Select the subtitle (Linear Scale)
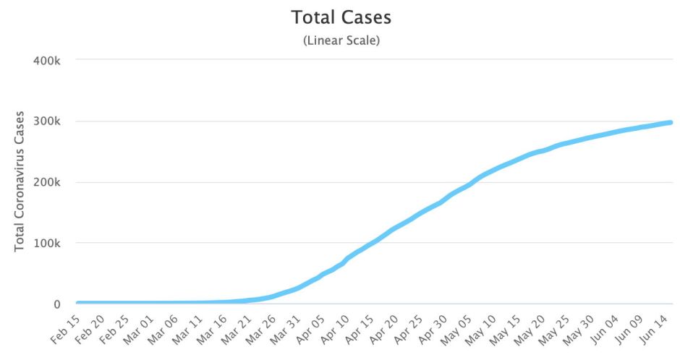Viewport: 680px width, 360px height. coord(341,40)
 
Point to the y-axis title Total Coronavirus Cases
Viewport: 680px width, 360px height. coord(20,181)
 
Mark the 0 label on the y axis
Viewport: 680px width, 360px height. coord(56,304)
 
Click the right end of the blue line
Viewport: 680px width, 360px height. coord(671,122)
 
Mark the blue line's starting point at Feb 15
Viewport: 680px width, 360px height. coord(78,303)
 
